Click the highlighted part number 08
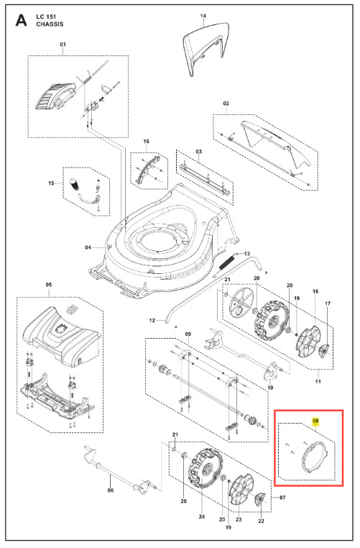tap(315, 421)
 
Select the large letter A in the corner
tap(21, 21)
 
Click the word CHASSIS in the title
tap(50, 24)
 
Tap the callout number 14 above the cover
tap(203, 16)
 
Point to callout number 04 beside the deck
tap(88, 247)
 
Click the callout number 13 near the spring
tap(247, 253)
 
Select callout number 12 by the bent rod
tap(152, 320)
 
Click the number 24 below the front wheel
tap(202, 516)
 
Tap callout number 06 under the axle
tap(111, 490)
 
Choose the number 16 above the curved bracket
tap(146, 141)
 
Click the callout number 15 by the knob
tap(51, 183)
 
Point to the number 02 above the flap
tap(226, 104)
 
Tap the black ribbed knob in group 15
tap(74, 184)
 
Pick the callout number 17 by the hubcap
tap(328, 303)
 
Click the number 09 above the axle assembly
tap(188, 334)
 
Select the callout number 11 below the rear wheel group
tap(318, 381)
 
